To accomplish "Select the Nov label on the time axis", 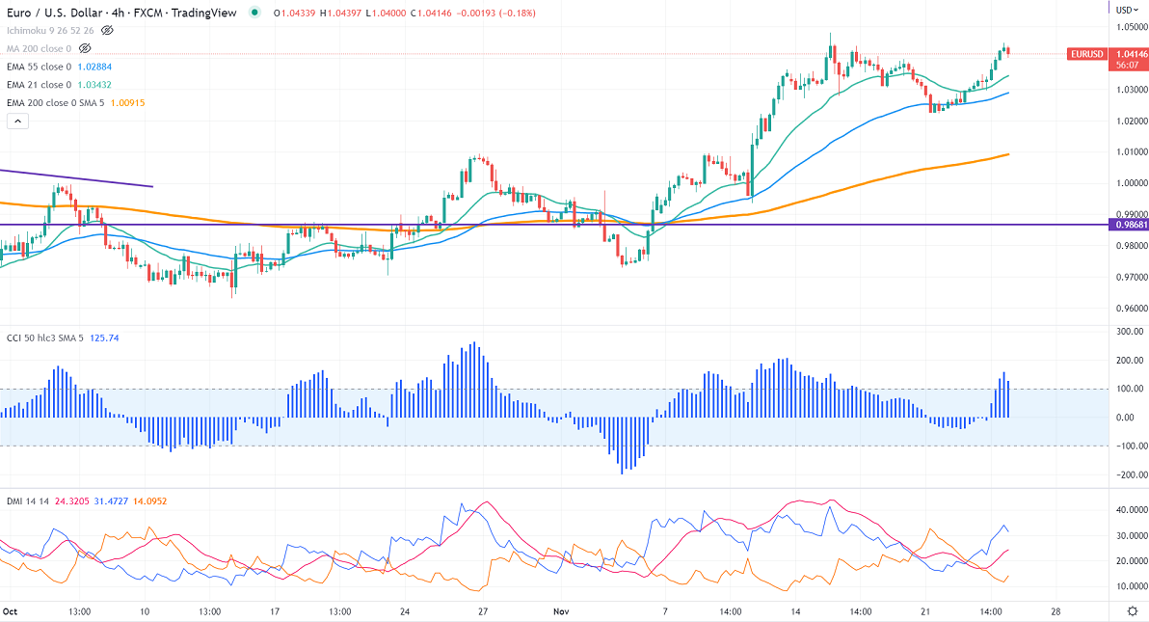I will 562,611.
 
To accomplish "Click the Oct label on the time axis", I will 11,611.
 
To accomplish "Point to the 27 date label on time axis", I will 483,611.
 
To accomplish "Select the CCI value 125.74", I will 105,338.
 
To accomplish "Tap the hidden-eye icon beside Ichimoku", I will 107,30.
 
